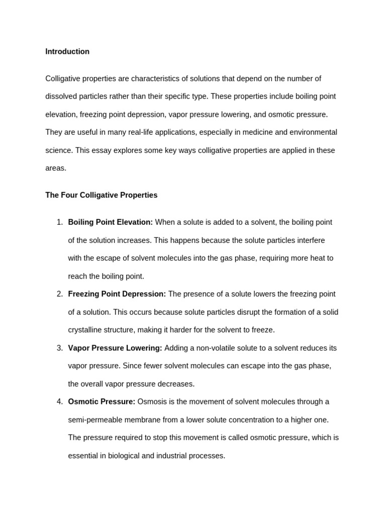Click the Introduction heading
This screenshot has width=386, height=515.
[x=67, y=51]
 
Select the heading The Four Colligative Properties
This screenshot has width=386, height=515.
[x=101, y=195]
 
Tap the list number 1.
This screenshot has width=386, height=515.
[x=59, y=222]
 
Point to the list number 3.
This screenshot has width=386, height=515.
[x=59, y=348]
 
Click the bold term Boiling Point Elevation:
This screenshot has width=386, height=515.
[x=110, y=222]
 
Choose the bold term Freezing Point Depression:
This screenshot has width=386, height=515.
[x=117, y=294]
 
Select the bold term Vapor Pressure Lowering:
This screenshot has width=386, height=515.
[x=115, y=348]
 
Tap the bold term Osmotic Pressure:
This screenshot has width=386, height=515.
[x=102, y=402]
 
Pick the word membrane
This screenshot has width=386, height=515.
[x=143, y=420]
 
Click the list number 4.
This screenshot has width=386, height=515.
[x=59, y=402]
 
